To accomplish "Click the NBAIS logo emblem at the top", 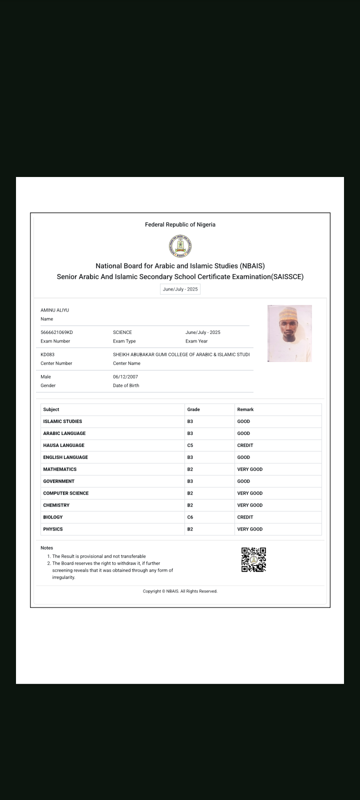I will tap(180, 246).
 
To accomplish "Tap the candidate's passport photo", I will tap(289, 333).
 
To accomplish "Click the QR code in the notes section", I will tap(253, 559).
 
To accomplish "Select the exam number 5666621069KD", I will tap(56, 332).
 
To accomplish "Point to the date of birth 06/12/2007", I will tap(125, 377).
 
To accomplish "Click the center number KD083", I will tap(47, 354).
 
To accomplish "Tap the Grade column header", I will tap(193, 409).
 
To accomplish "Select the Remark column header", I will tap(245, 409).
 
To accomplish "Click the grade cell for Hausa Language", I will tap(190, 445).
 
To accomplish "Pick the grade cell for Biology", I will tap(190, 517).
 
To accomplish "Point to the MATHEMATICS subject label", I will tap(60, 469).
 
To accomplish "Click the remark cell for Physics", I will tap(250, 529).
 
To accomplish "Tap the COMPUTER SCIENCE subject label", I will tap(66, 493).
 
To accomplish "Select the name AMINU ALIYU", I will tap(55, 310).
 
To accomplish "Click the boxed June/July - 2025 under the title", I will tap(180, 289).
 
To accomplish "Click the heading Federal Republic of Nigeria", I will tap(180, 225).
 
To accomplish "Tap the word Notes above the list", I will tap(46, 548).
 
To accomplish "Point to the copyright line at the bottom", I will tap(180, 591).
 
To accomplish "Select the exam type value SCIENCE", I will tap(122, 332).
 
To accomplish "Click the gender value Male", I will tap(45, 377).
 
